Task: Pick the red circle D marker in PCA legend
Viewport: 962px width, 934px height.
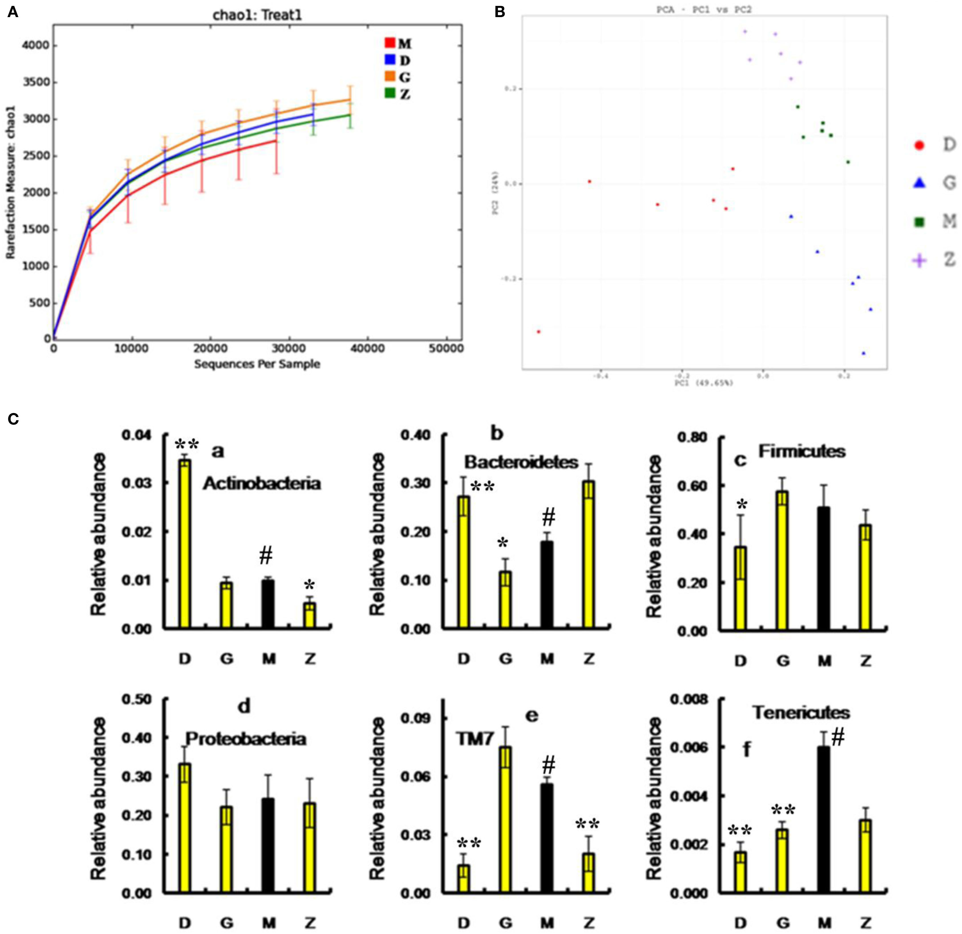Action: coord(919,145)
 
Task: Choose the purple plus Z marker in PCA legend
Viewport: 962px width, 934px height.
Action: coord(919,261)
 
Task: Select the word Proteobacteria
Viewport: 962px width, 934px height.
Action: coord(246,739)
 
